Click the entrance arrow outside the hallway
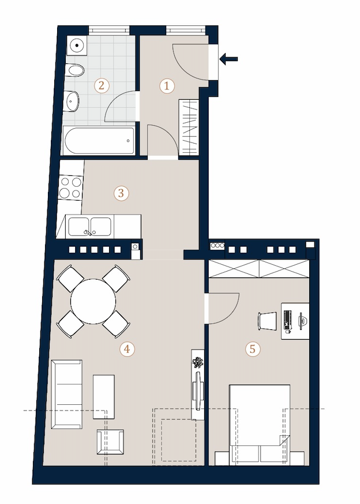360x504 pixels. coord(228,59)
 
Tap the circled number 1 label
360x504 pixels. coord(167,86)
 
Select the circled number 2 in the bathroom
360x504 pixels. coord(102,86)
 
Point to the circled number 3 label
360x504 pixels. coord(121,194)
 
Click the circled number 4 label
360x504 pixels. coord(127,349)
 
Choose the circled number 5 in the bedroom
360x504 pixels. coord(253,349)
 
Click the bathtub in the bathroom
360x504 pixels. coord(99,141)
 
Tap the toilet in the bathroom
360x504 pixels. coord(76,70)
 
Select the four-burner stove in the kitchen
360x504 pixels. coord(70,187)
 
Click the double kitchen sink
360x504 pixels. coord(90,226)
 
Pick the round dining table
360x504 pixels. coord(93,301)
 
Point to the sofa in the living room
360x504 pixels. coord(67,394)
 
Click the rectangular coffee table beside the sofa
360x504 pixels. coord(104,397)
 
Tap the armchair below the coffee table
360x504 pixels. coord(110,442)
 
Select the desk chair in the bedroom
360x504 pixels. coord(267,321)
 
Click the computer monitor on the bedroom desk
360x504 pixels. coord(302,321)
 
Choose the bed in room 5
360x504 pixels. coord(259,424)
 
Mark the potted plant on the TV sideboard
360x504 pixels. coord(198,363)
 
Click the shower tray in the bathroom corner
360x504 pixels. coord(77,46)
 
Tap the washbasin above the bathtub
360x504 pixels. coord(72,101)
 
